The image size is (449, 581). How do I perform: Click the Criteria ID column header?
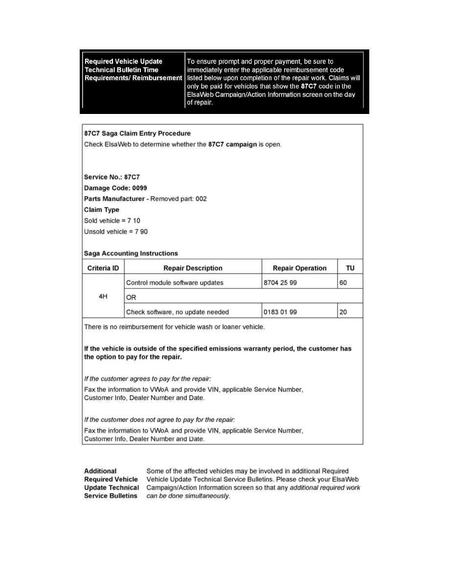[103, 268]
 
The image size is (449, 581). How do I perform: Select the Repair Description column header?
[193, 268]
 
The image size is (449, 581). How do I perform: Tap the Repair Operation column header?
[299, 268]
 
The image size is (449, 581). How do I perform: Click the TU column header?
[350, 268]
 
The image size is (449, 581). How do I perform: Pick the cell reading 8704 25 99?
[280, 283]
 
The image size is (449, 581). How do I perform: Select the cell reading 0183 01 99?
[280, 312]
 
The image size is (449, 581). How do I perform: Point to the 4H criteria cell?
[103, 297]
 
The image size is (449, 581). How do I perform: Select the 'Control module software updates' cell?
[175, 283]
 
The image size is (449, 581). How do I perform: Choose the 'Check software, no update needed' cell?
[178, 312]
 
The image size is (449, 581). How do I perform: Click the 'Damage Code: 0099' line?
[115, 188]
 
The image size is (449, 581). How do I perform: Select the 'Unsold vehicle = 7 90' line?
[116, 231]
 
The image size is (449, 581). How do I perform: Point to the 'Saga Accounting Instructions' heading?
[131, 253]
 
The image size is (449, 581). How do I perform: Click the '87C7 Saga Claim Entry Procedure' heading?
[137, 134]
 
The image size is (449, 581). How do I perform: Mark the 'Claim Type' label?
[102, 210]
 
